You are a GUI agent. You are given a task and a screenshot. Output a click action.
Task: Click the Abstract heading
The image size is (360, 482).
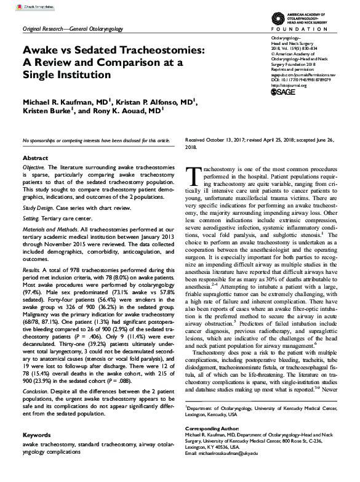click(34, 158)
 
